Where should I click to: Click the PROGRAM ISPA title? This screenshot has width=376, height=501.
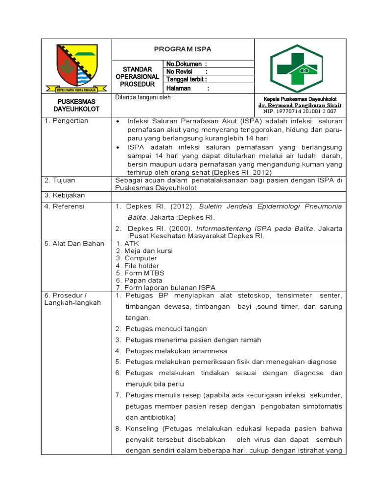click(x=183, y=49)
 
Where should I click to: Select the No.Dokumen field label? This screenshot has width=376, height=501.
click(x=187, y=64)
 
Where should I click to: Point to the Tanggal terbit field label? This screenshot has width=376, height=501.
click(x=187, y=79)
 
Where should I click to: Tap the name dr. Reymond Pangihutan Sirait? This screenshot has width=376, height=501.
click(x=300, y=105)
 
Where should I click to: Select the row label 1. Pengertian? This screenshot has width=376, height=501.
click(x=67, y=121)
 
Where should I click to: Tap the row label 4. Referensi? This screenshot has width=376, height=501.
click(x=65, y=206)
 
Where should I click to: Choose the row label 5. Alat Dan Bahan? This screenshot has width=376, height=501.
click(x=74, y=244)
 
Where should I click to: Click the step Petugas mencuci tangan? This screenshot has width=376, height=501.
click(x=166, y=329)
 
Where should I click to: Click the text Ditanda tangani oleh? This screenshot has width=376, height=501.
click(x=144, y=97)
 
